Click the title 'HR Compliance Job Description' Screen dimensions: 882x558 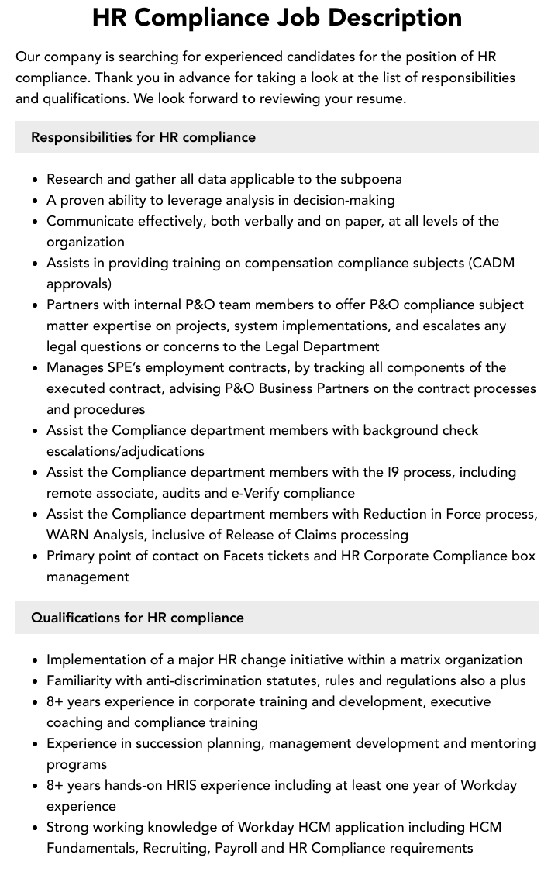(x=277, y=17)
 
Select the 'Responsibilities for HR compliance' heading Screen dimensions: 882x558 (x=143, y=137)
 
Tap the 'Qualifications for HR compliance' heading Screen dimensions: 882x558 (x=137, y=618)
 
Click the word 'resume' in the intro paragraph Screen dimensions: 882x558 (x=379, y=98)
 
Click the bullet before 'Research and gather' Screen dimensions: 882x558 (x=36, y=180)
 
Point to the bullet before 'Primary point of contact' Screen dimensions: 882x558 (x=36, y=556)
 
